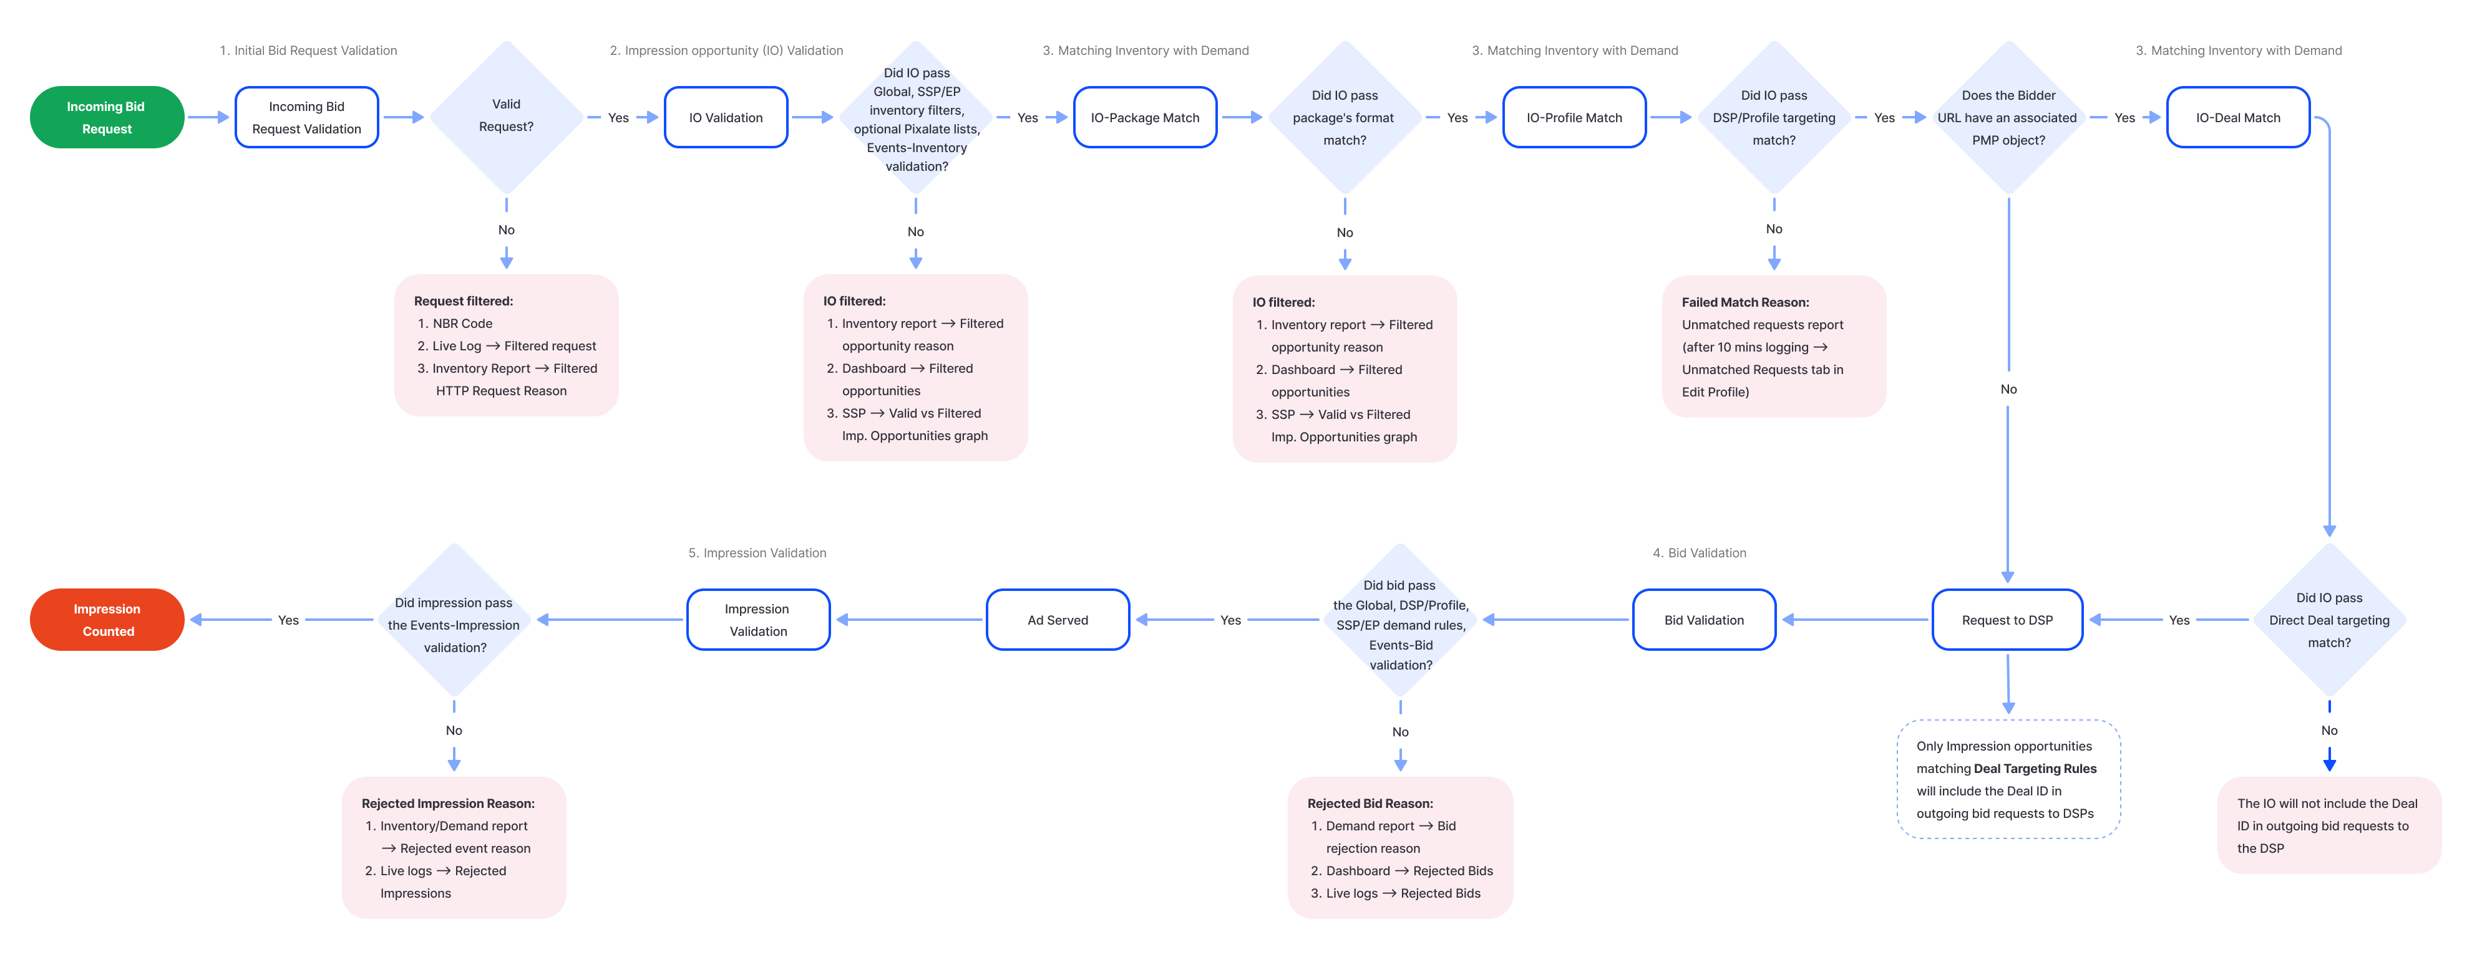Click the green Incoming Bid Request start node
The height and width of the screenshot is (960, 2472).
coord(107,117)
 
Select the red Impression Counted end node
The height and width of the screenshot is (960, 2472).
coord(107,620)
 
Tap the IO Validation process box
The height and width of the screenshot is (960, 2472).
coord(726,117)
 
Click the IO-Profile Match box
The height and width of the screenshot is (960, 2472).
coord(1574,117)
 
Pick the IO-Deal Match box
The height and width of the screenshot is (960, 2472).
coord(2238,117)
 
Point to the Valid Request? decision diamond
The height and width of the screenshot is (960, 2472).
coord(506,116)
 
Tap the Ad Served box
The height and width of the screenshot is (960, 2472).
coord(1058,620)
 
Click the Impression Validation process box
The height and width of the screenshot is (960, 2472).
coord(757,620)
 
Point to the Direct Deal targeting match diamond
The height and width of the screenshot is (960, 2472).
coord(2329,620)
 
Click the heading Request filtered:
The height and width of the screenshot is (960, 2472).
coord(464,301)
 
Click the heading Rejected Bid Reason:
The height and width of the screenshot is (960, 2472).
coord(1370,804)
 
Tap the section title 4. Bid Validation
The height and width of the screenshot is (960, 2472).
coord(1698,552)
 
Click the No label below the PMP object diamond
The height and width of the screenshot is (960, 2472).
coord(2008,388)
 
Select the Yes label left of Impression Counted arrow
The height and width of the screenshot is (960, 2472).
coord(288,620)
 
